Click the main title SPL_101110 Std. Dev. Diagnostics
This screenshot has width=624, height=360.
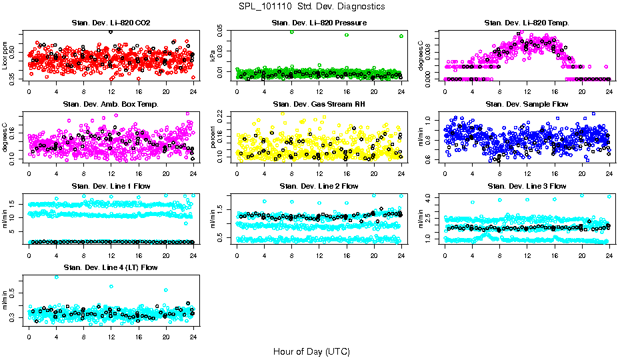coord(311,6)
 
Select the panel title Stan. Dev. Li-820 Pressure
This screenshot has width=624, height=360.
coord(319,23)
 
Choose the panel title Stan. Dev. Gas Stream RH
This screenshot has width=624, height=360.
coord(319,105)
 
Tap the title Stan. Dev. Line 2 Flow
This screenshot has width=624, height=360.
coord(319,186)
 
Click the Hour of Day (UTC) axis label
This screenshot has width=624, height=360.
coord(311,351)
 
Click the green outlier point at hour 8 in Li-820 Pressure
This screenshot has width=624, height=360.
coord(292,32)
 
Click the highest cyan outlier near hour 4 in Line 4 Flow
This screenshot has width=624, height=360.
coord(56,277)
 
